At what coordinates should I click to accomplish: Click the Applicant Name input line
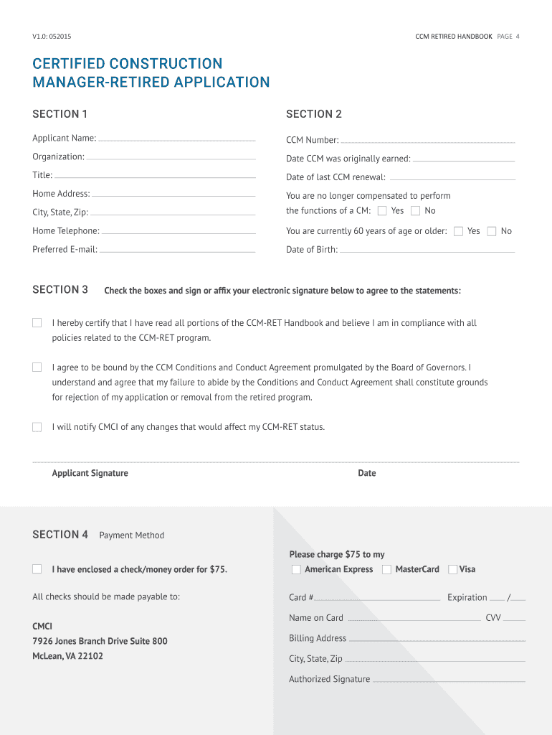click(176, 139)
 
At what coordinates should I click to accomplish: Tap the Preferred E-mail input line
click(176, 251)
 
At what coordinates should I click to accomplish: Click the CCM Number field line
click(427, 141)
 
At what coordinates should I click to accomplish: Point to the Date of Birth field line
click(427, 251)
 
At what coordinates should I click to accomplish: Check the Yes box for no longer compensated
click(382, 210)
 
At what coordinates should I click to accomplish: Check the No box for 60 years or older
click(492, 231)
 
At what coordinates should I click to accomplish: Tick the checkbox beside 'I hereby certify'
click(37, 323)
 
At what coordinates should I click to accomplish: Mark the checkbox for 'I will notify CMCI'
click(37, 427)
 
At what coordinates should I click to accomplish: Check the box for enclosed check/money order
click(37, 569)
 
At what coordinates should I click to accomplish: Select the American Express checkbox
click(296, 569)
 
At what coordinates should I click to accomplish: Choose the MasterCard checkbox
click(387, 569)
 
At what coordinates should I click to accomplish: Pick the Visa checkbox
click(453, 569)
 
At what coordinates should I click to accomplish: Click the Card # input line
click(377, 599)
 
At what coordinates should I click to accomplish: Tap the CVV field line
click(515, 619)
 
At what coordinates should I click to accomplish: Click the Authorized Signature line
click(449, 680)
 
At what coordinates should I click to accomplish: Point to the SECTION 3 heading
click(60, 290)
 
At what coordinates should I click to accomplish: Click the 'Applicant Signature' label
click(90, 473)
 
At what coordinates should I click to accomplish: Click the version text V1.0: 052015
click(52, 37)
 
